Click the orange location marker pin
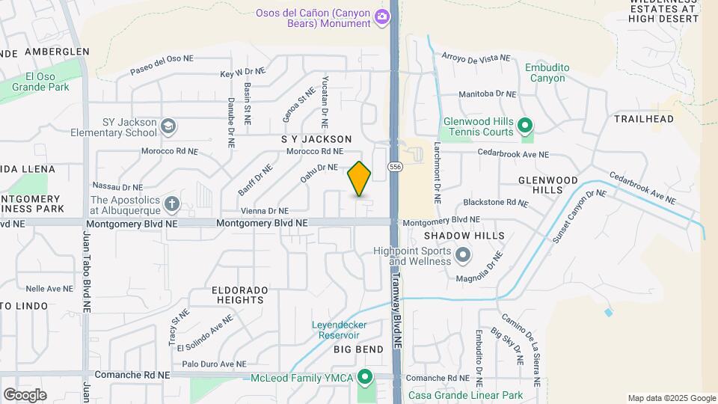(359, 178)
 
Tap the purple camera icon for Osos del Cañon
(381, 16)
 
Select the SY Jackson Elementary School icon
(168, 125)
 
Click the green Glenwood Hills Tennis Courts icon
(525, 125)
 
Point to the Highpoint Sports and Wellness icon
(463, 256)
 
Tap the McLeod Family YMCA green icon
(365, 376)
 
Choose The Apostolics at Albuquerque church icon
(171, 203)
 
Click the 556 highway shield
(396, 166)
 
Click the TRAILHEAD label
(644, 119)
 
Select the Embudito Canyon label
(547, 73)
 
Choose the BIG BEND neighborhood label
(358, 349)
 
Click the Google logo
(25, 394)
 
